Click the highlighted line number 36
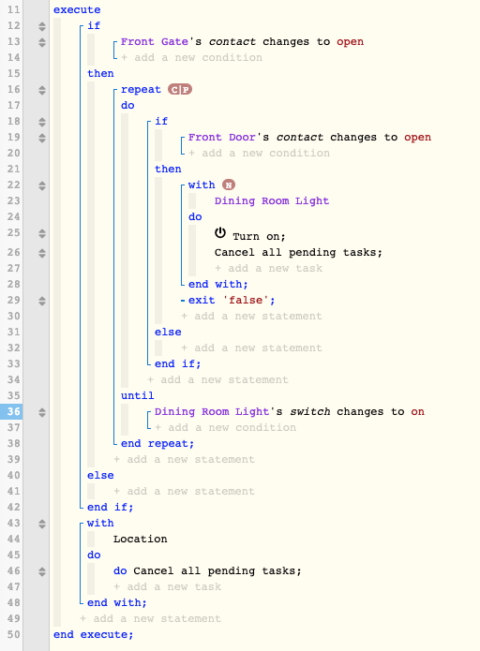point(14,411)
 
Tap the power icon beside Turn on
point(220,233)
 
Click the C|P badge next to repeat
point(180,89)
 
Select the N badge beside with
point(229,185)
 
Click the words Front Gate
point(154,41)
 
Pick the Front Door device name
point(221,137)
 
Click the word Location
point(140,539)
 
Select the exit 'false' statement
point(232,300)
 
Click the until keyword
point(137,395)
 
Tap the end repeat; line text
point(157,443)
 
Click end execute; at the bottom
point(94,634)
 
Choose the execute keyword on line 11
point(77,9)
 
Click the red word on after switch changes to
point(418,411)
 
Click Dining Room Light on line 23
point(272,201)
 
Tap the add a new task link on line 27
point(268,268)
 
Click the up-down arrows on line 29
point(42,300)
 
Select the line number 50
point(14,634)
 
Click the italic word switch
point(310,411)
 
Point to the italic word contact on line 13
point(232,41)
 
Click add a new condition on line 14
point(191,57)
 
